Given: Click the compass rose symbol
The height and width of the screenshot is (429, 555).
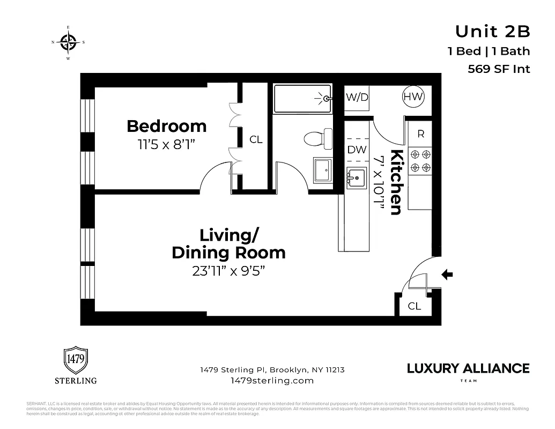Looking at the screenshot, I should click(68, 42).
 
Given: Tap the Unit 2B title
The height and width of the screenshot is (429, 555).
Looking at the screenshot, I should click(492, 32).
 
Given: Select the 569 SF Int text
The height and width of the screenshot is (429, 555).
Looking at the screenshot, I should click(499, 69).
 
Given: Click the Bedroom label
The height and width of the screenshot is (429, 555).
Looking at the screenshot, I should click(166, 126).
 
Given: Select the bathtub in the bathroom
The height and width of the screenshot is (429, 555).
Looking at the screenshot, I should click(303, 98).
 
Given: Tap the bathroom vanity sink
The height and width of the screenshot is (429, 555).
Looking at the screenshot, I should click(323, 170).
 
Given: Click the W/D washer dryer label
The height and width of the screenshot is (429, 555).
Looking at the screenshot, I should click(357, 98).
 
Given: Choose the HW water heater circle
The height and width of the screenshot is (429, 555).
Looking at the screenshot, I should click(413, 97).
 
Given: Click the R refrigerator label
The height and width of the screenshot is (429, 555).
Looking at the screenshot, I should click(420, 134).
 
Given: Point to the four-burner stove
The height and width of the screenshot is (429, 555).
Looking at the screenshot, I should click(420, 161).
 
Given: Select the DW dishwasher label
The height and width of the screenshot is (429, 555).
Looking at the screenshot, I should click(357, 150).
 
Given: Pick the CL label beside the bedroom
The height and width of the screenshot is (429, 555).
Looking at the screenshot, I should click(256, 139).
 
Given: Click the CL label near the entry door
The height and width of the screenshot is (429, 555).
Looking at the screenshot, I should click(414, 306).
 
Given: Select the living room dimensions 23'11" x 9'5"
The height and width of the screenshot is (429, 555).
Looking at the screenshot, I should click(229, 271).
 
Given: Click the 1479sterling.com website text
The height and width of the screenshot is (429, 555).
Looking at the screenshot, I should click(272, 380).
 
